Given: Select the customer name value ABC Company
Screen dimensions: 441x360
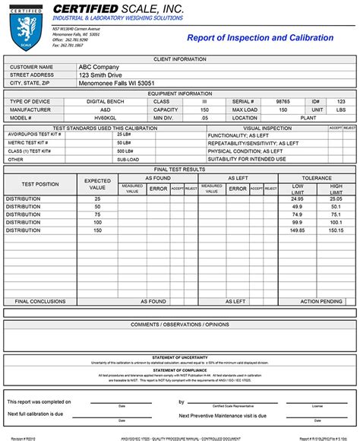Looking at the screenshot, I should (x=99, y=67).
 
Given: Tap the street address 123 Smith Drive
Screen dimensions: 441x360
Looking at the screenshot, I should (x=103, y=75).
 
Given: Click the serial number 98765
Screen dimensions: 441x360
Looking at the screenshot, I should (x=283, y=101).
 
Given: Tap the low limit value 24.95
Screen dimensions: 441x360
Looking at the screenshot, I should (x=296, y=198).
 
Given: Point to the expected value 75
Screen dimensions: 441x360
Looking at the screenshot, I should (x=97, y=214).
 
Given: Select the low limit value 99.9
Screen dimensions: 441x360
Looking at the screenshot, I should (x=296, y=222).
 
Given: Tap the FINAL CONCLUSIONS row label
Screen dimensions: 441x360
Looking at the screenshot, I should (x=40, y=301).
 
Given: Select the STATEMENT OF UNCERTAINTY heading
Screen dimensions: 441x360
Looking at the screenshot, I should (x=180, y=357).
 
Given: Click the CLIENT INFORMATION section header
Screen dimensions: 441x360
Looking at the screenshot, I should (x=180, y=59).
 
